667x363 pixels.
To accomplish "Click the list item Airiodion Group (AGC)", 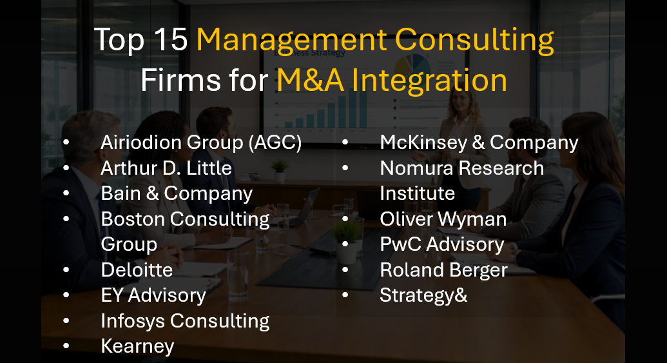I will [201, 142].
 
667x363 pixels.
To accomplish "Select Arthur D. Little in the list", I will [166, 168].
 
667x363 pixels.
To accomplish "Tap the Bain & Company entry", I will [177, 193].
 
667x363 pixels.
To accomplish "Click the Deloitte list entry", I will [137, 270].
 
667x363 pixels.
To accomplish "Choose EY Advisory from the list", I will [153, 295].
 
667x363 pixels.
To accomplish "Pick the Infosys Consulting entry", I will [185, 320].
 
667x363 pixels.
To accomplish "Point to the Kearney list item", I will [137, 346].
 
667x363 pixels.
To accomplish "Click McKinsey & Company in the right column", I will [479, 142].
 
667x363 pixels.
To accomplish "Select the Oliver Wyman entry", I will [443, 219].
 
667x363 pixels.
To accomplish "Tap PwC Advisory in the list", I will [441, 244].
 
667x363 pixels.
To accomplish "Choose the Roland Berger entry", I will [443, 270].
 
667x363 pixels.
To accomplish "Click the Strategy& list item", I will [423, 295].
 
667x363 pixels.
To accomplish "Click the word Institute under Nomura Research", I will [417, 193].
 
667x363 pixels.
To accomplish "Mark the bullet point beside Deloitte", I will [66, 270].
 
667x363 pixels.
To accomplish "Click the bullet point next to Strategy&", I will [345, 295].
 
